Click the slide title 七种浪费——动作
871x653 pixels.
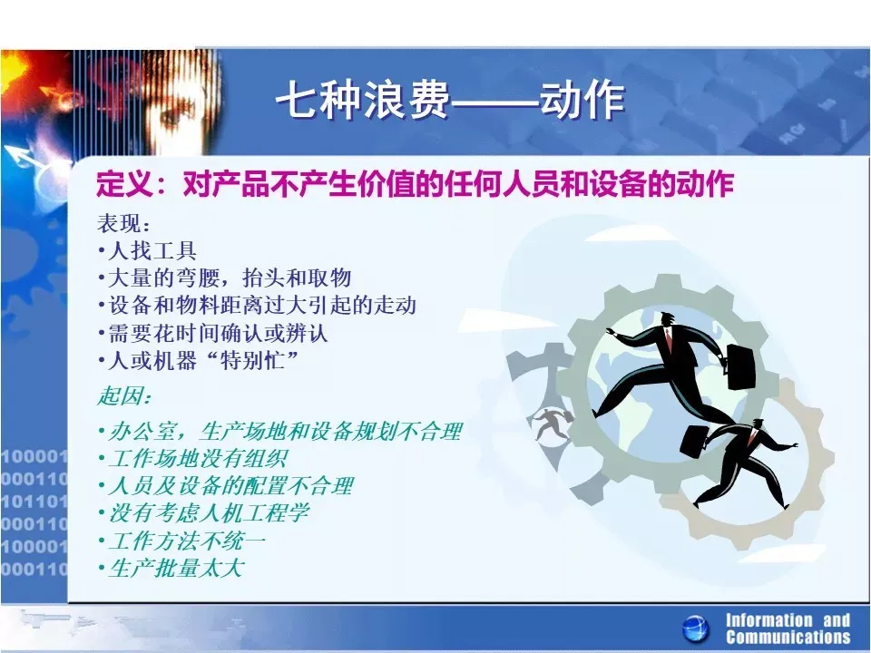451,100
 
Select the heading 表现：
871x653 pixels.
124,223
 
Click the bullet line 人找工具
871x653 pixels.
148,250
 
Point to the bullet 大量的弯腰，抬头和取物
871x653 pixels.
226,278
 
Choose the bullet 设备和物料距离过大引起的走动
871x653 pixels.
258,305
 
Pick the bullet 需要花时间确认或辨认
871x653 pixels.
214,333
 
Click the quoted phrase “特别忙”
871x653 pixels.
253,361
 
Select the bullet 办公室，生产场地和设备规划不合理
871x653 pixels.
280,432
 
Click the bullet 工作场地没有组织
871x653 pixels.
193,459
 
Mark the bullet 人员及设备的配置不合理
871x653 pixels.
226,486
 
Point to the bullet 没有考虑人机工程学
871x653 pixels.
204,513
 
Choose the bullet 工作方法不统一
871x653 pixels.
182,541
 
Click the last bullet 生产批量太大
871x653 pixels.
171,568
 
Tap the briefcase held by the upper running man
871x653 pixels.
741,366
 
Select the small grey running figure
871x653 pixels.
552,424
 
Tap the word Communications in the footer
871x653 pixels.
788,638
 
